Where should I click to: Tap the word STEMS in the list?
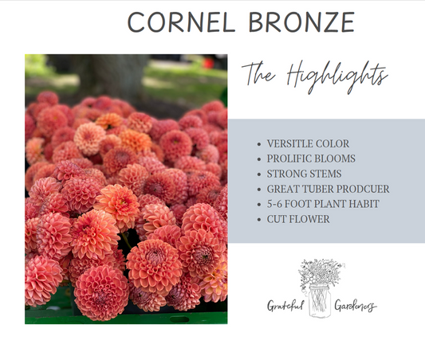(x=325, y=174)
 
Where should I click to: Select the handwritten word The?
(x=259, y=74)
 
